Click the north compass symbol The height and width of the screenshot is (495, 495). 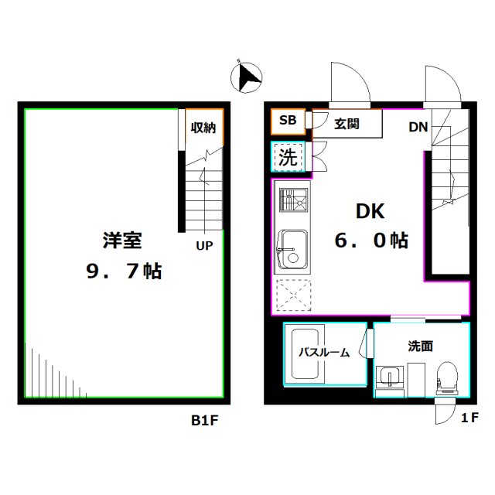pyautogui.click(x=248, y=77)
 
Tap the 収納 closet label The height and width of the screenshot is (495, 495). pyautogui.click(x=204, y=128)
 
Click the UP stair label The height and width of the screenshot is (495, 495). pyautogui.click(x=204, y=246)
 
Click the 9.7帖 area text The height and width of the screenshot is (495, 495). pyautogui.click(x=123, y=271)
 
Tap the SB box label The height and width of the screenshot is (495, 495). pyautogui.click(x=287, y=120)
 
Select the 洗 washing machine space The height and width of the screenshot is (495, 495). pyautogui.click(x=288, y=159)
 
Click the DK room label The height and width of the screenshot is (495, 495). pyautogui.click(x=370, y=211)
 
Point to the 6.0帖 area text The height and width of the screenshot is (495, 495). pyautogui.click(x=371, y=241)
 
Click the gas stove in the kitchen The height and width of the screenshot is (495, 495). pyautogui.click(x=293, y=202)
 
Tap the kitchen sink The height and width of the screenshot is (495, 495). pyautogui.click(x=293, y=247)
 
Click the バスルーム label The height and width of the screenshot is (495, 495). pyautogui.click(x=324, y=353)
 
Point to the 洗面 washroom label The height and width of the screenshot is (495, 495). pyautogui.click(x=420, y=346)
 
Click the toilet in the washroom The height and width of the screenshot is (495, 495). pyautogui.click(x=446, y=378)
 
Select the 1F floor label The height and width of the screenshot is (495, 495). pyautogui.click(x=469, y=418)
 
